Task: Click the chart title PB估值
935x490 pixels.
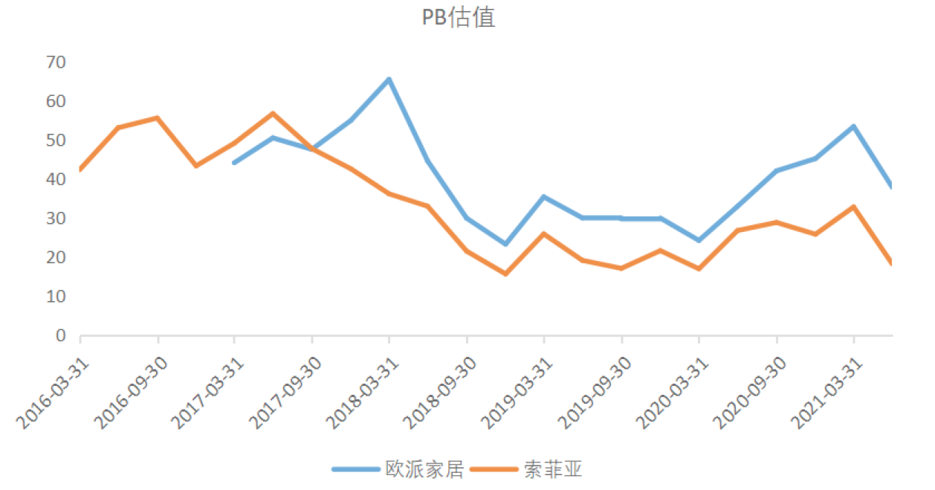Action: click(458, 18)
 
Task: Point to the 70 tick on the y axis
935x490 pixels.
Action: click(56, 62)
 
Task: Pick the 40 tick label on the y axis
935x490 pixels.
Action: click(56, 179)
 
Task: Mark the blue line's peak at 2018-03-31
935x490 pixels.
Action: click(389, 79)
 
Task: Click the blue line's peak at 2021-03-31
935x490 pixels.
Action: click(853, 126)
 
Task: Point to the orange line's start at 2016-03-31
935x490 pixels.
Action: click(80, 170)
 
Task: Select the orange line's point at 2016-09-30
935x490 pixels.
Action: click(158, 117)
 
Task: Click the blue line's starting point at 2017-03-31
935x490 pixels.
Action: click(235, 162)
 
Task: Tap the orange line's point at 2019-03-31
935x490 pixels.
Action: click(544, 233)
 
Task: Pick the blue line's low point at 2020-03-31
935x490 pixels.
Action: click(699, 240)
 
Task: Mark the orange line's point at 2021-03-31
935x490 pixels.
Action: click(853, 207)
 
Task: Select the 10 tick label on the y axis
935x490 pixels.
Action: click(56, 297)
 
